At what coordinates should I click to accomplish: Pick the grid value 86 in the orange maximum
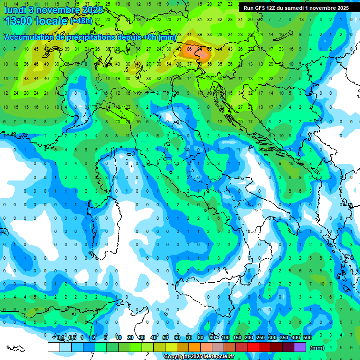click(189, 48)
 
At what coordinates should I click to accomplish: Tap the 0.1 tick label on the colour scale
click(60, 338)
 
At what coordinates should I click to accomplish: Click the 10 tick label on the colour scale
click(119, 338)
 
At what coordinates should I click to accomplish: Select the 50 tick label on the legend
click(165, 338)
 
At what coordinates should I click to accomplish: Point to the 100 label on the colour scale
click(225, 338)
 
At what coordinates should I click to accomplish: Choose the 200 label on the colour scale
click(249, 338)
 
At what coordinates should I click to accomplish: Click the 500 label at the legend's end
click(307, 338)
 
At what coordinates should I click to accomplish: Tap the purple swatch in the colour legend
click(300, 347)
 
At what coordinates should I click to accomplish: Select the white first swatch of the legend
click(54, 347)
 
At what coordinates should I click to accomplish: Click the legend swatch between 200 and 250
click(253, 347)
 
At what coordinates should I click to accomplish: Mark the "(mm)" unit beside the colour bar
click(317, 348)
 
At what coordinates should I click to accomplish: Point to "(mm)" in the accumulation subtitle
click(167, 37)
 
